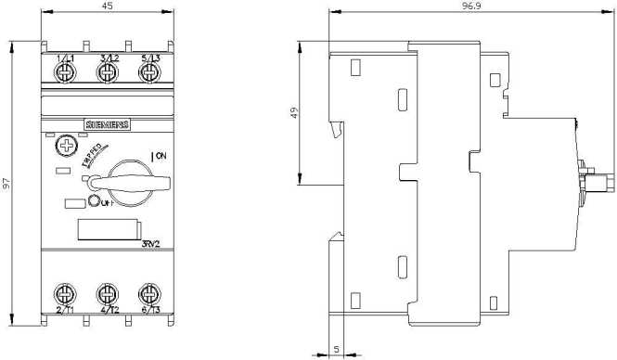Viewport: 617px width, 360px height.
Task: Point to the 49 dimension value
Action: pyautogui.click(x=294, y=114)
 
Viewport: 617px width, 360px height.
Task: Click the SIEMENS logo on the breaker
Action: pyautogui.click(x=108, y=126)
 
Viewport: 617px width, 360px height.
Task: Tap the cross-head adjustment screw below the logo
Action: pyautogui.click(x=66, y=147)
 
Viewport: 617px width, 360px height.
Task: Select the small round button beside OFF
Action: pyautogui.click(x=96, y=204)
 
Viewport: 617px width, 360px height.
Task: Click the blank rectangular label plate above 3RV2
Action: pyautogui.click(x=107, y=229)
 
